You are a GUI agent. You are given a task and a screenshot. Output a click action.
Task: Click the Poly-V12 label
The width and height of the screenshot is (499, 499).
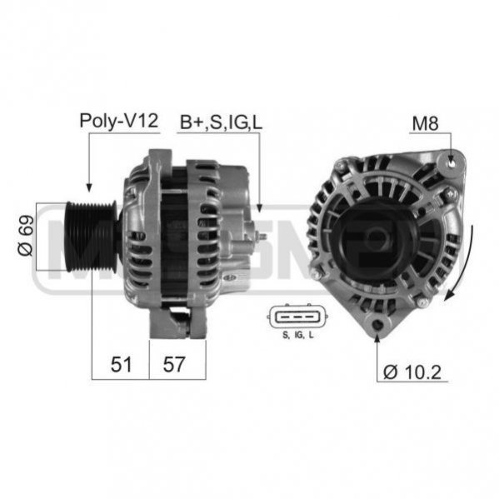coord(118,122)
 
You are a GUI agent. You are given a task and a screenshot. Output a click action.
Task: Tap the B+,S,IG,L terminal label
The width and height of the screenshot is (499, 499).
coord(222,122)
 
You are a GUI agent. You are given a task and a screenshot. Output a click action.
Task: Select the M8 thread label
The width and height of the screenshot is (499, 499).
coord(425,123)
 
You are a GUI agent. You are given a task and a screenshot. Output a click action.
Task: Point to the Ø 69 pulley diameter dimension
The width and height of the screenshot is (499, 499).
coord(26,236)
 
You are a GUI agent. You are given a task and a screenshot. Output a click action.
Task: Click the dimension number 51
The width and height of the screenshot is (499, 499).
coord(121,364)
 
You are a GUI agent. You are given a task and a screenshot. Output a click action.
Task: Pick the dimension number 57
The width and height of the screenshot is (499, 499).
coord(174,364)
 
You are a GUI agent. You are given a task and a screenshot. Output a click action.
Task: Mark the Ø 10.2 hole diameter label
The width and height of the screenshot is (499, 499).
coord(412,372)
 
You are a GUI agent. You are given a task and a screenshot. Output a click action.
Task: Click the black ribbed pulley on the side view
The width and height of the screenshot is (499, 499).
coord(91,236)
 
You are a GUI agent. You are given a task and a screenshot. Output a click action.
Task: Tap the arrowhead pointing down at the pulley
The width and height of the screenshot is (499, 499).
coord(89,187)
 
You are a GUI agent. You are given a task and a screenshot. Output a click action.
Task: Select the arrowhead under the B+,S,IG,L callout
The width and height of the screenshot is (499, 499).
coord(259,208)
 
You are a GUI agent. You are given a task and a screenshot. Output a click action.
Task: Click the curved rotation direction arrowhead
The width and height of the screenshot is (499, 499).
coord(449,296)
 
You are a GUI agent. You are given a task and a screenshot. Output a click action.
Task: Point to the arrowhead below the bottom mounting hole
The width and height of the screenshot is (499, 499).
coord(377,338)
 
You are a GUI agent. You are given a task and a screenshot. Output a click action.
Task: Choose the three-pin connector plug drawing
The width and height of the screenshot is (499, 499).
coord(298,317)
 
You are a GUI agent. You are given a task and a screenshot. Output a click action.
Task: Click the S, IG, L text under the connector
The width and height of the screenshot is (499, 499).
coord(298,335)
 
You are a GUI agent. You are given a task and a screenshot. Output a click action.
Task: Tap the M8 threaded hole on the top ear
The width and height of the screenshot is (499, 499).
coord(452,163)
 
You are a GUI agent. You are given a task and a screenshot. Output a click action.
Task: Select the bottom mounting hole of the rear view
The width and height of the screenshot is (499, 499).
coord(377,325)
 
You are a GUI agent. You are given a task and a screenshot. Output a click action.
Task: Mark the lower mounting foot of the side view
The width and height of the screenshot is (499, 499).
coord(177,322)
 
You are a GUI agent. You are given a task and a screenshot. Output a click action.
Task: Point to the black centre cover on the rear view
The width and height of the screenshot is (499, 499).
coord(376,242)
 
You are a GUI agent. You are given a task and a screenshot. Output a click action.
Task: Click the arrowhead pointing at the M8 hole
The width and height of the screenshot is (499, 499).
coord(451,159)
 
